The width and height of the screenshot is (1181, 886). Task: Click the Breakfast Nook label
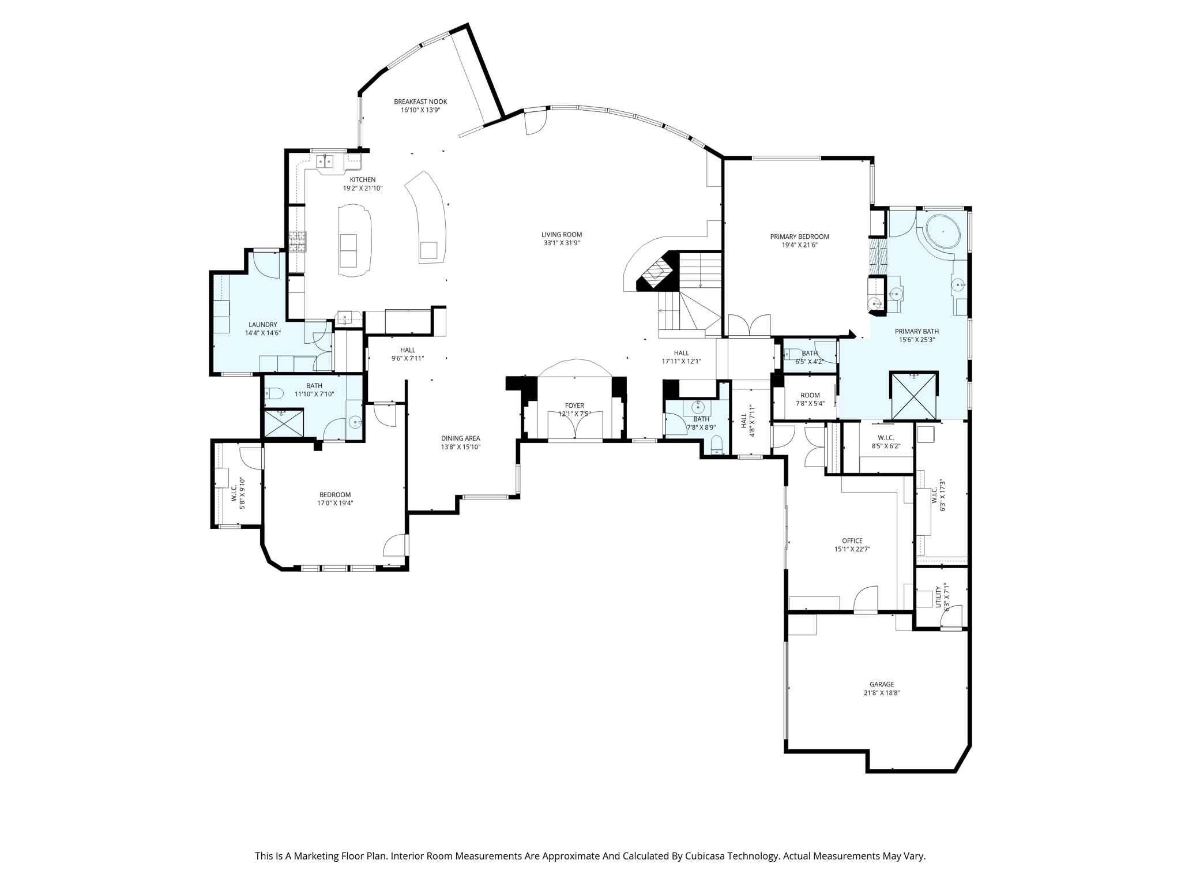[420, 102]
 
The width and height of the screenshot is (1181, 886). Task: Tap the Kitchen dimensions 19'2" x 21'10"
[363, 188]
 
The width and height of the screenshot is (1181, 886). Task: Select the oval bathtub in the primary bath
[942, 232]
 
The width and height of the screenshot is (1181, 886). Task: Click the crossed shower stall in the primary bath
[913, 395]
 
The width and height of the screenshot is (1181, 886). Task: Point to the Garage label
[882, 684]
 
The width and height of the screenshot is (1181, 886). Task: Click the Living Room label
[561, 234]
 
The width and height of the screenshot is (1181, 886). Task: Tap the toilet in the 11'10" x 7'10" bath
[274, 394]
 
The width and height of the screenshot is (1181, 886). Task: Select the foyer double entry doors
[575, 426]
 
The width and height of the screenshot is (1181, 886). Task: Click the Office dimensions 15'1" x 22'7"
[852, 549]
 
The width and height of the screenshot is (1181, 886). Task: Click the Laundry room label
[262, 325]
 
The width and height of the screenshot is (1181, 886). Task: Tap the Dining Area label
[460, 438]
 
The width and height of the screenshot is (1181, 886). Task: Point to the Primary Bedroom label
[799, 236]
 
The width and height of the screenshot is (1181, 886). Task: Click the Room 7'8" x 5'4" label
[810, 395]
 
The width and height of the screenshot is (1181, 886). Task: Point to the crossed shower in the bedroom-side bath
[283, 423]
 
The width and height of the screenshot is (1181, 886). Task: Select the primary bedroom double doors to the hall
[749, 325]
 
